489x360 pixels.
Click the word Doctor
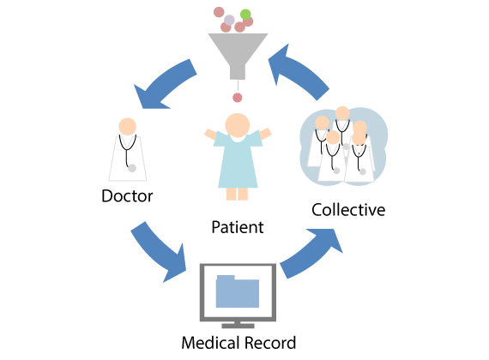127,196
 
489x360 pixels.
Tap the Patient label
238,227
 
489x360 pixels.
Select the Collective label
348,210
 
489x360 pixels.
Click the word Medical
210,343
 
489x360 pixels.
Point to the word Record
270,343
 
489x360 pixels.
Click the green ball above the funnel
245,15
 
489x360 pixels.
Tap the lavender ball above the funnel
229,21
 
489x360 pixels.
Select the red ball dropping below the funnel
238,98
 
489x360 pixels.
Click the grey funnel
238,56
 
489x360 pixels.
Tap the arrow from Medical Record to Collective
312,254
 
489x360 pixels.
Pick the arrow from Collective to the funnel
299,72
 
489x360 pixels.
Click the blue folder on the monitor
238,291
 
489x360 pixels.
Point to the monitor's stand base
238,326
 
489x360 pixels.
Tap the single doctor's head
128,127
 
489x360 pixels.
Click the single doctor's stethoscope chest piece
132,168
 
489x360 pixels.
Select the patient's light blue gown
238,159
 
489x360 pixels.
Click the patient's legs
237,194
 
